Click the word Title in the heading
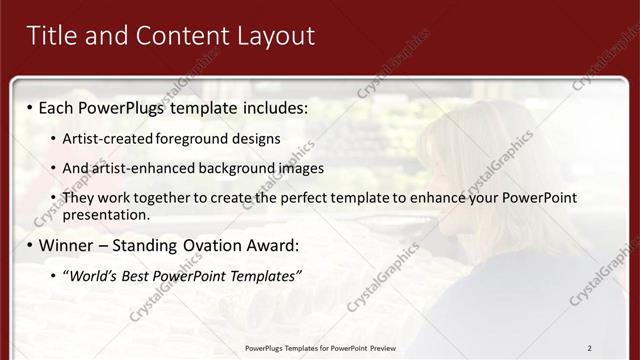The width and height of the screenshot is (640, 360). pyautogui.click(x=50, y=36)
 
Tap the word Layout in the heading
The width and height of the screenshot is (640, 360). pyautogui.click(x=272, y=36)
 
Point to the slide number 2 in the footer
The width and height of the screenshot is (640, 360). pyautogui.click(x=590, y=348)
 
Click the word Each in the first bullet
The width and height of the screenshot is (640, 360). pyautogui.click(x=58, y=107)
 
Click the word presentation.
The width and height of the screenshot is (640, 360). pyautogui.click(x=106, y=214)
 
